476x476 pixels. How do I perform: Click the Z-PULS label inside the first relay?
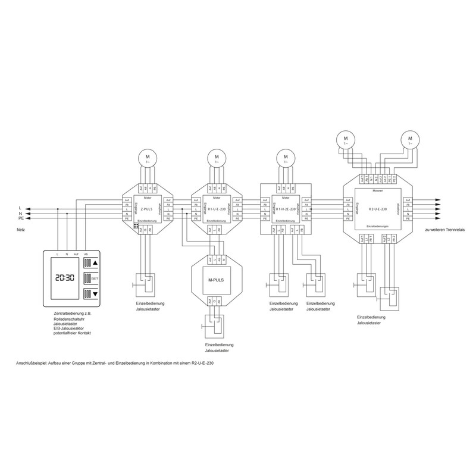pyautogui.click(x=146, y=210)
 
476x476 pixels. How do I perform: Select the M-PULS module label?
pyautogui.click(x=215, y=281)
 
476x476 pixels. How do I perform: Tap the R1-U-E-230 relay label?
pyautogui.click(x=215, y=210)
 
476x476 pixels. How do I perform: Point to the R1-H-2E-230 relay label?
pyautogui.click(x=284, y=210)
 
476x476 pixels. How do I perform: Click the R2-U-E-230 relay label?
pyautogui.click(x=378, y=209)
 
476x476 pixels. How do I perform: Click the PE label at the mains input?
pyautogui.click(x=22, y=218)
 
